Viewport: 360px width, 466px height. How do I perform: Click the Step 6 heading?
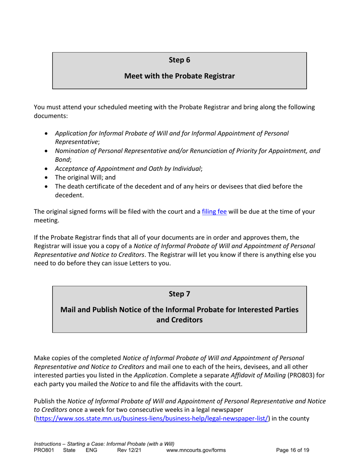coord(179,59)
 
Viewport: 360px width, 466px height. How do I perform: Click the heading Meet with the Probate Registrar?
coord(179,76)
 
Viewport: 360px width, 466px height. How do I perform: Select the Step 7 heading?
coord(179,293)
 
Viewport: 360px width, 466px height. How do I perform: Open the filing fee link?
coord(214,212)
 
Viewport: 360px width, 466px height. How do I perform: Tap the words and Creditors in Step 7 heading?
coord(179,320)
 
